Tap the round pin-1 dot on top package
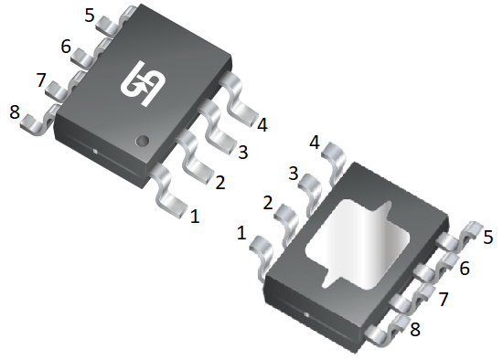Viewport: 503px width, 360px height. click(143, 141)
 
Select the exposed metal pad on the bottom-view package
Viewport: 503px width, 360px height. click(358, 245)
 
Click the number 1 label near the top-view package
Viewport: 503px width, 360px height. click(195, 216)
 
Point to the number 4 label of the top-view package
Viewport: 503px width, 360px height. click(262, 125)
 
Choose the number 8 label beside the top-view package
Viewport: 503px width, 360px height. click(15, 112)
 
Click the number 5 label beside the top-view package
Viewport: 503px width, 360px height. click(90, 15)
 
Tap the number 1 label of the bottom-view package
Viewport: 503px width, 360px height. click(241, 233)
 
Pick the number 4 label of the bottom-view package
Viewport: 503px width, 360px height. click(315, 143)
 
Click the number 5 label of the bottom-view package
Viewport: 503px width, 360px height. click(488, 238)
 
